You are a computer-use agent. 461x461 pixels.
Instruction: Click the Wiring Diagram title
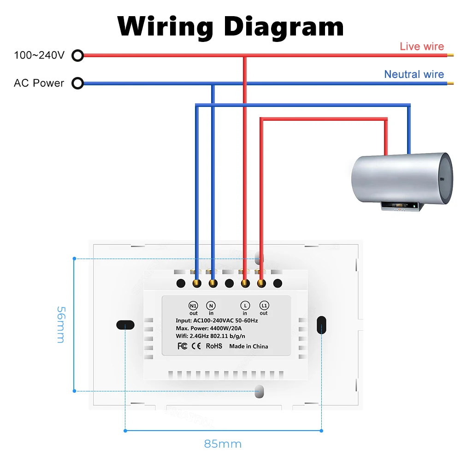[x=230, y=26]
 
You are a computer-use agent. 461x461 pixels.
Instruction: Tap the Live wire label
[x=421, y=46]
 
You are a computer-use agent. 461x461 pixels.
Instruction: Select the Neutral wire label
[x=414, y=74]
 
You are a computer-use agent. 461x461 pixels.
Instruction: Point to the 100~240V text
[x=39, y=56]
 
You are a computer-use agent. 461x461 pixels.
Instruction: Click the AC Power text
[x=39, y=83]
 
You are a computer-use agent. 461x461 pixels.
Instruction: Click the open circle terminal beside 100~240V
[x=78, y=56]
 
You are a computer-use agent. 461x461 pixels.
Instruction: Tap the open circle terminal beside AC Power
[x=78, y=83]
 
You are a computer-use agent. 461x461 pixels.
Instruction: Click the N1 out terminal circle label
[x=194, y=305]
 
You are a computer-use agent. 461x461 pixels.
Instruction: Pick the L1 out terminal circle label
[x=264, y=305]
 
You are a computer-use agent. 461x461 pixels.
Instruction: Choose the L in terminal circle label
[x=245, y=305]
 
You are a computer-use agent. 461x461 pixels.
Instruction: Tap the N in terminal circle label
[x=211, y=305]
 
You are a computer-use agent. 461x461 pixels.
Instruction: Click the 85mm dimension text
[x=223, y=444]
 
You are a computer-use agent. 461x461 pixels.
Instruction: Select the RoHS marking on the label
[x=214, y=346]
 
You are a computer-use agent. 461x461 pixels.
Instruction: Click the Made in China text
[x=248, y=346]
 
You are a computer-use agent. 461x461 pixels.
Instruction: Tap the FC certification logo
[x=183, y=346]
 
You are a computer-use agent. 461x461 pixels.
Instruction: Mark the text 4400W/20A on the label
[x=231, y=329]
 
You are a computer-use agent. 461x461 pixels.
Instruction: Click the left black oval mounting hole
[x=125, y=325]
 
